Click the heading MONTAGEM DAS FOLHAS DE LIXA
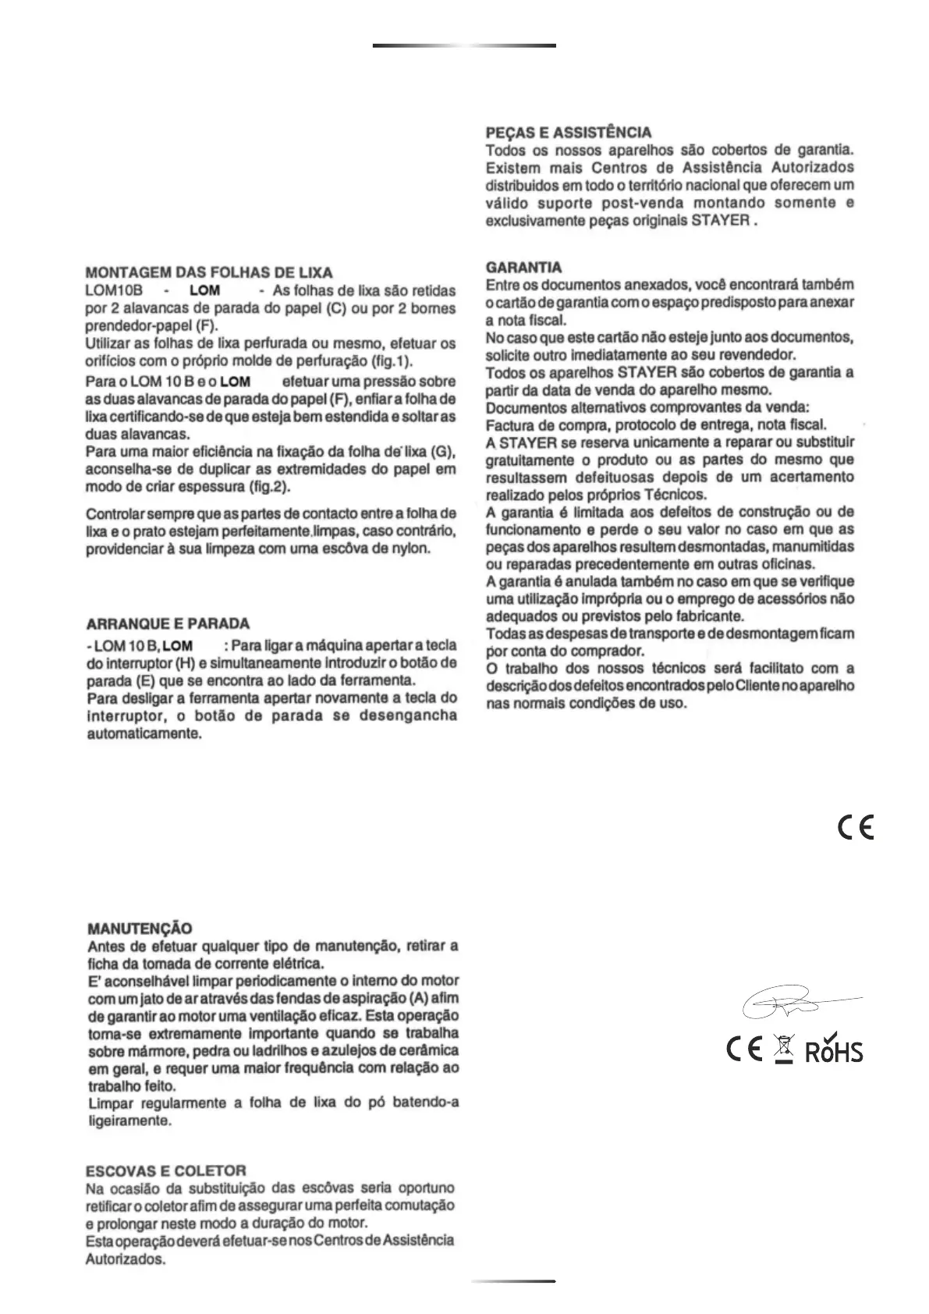[x=208, y=273]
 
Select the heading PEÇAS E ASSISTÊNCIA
[x=568, y=133]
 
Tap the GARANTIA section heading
[x=523, y=268]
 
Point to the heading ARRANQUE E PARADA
[x=167, y=624]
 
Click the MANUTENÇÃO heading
[x=139, y=929]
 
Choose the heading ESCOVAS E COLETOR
[x=165, y=1170]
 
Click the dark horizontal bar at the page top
[x=464, y=45]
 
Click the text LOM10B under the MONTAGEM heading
[x=108, y=291]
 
